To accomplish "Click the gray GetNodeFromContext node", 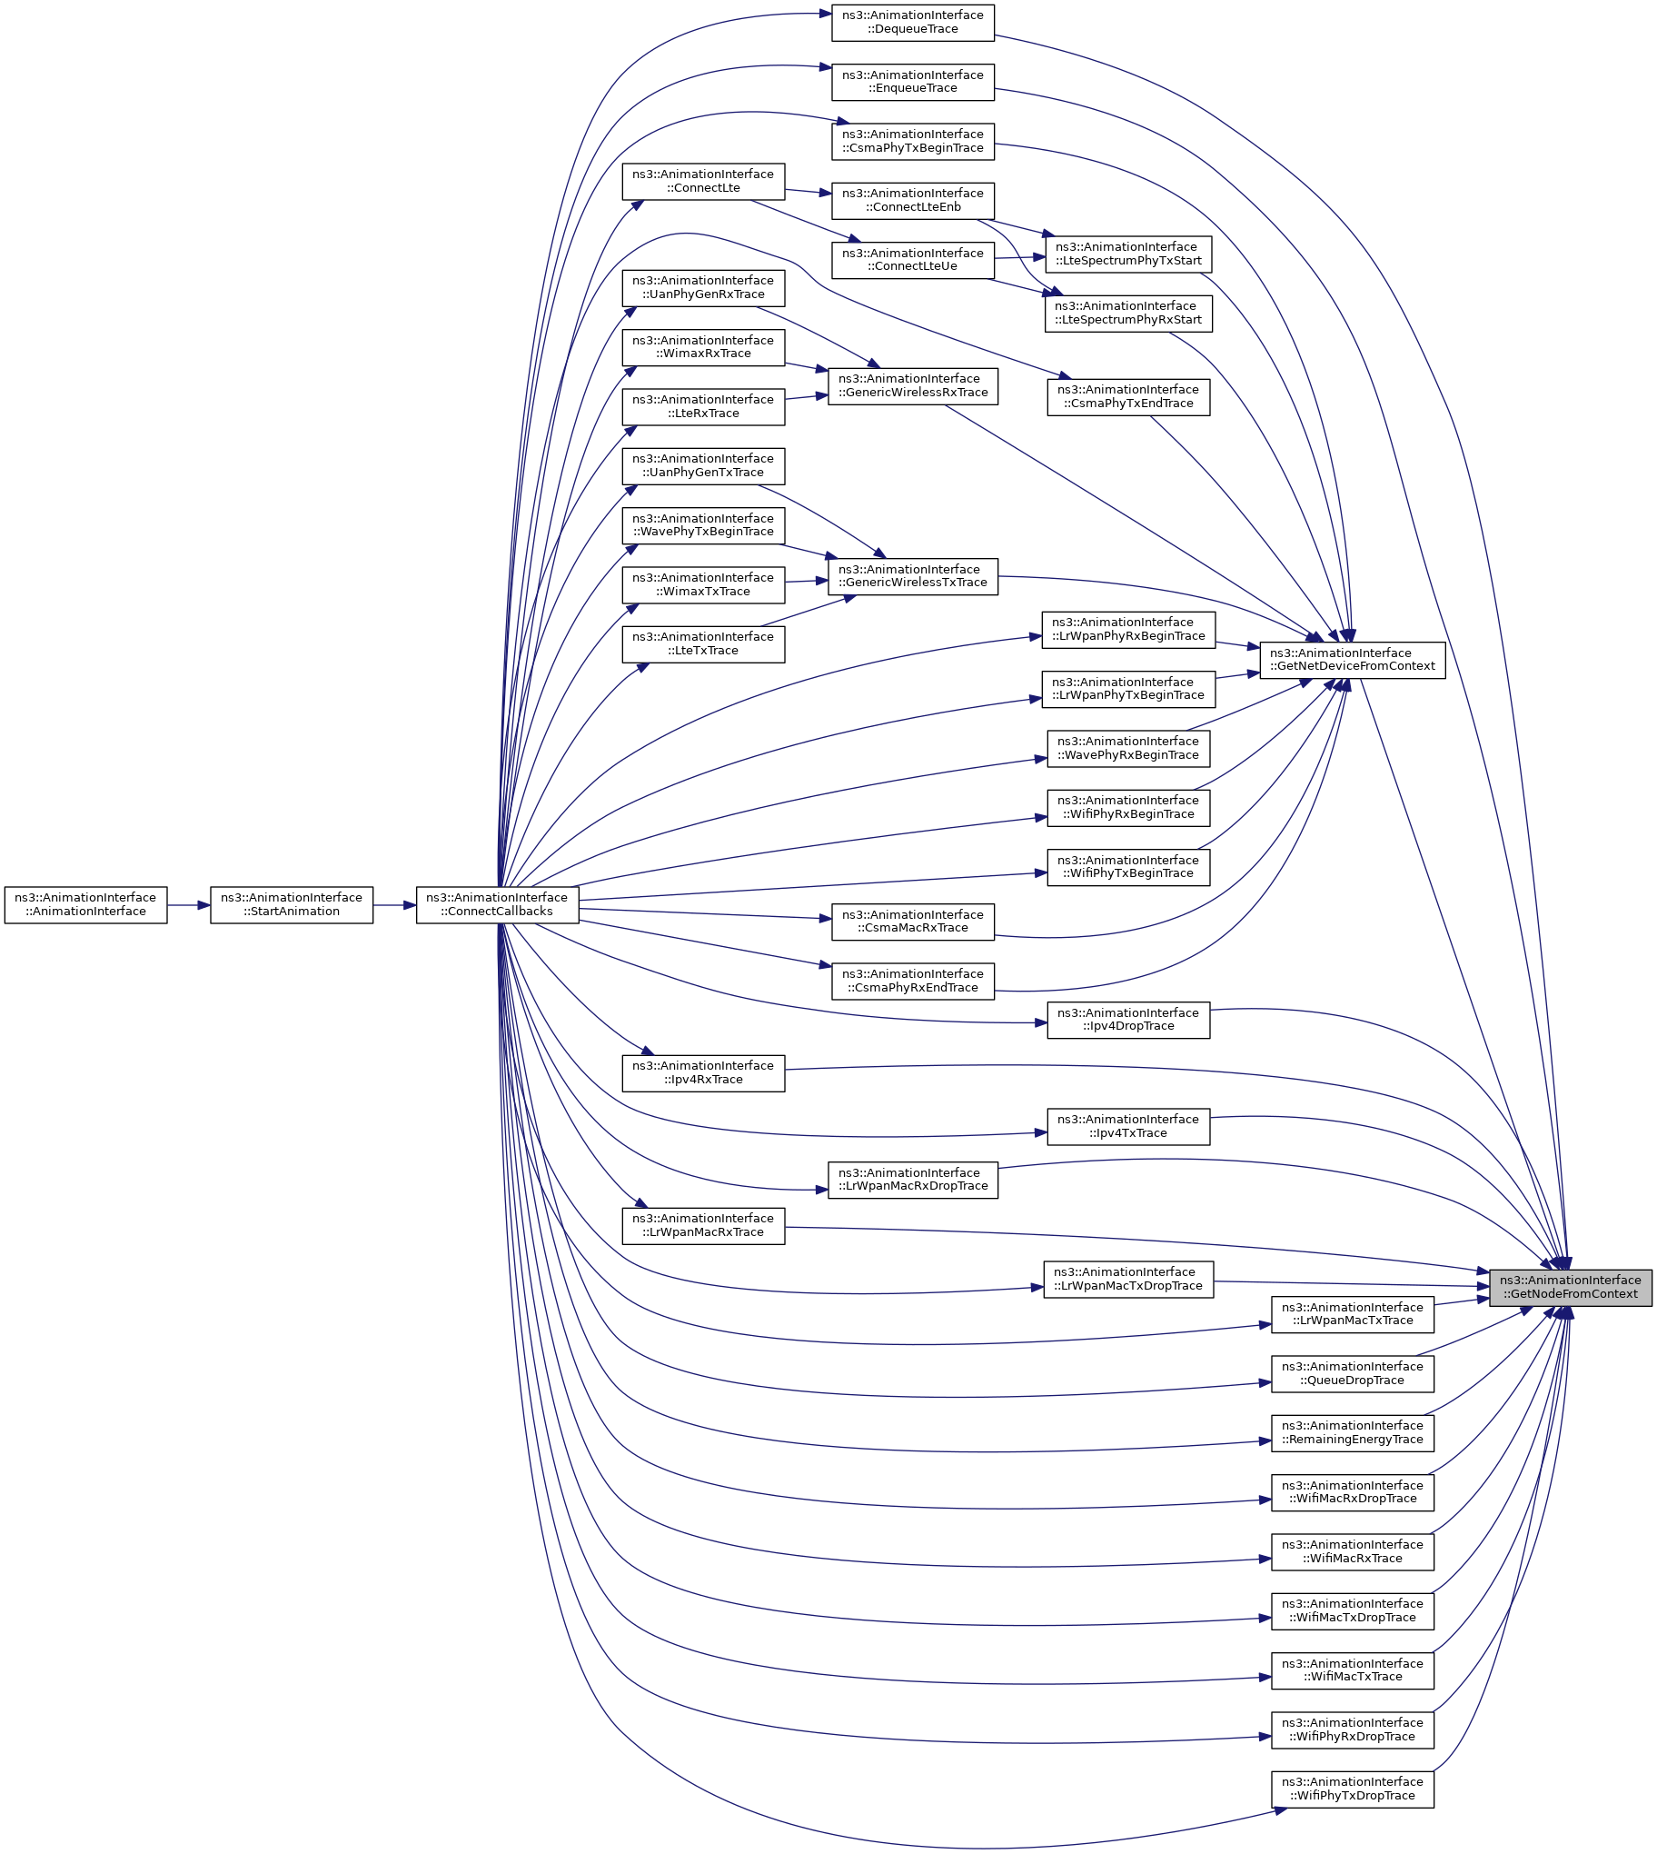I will (1570, 1287).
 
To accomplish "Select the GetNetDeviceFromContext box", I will (1351, 659).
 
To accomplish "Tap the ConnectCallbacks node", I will (497, 904).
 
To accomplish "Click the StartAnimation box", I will (292, 904).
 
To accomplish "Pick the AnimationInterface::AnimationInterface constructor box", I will (85, 904).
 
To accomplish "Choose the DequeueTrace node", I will (912, 22).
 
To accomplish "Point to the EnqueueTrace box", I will (912, 82).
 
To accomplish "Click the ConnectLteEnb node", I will (912, 200).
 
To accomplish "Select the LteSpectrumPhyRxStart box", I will (1128, 314).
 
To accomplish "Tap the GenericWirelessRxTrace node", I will (912, 385).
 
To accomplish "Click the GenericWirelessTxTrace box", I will (912, 576).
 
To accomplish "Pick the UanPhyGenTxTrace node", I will (703, 465).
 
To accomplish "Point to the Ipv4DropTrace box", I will (1128, 1019).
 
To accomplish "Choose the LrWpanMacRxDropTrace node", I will (912, 1180).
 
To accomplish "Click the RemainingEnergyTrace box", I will (1352, 1432).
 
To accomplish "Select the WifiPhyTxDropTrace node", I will (1352, 1789).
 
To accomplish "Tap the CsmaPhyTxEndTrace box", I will (1128, 396).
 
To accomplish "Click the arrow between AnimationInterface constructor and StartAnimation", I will (188, 904).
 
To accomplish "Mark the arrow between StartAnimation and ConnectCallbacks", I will (394, 904).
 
